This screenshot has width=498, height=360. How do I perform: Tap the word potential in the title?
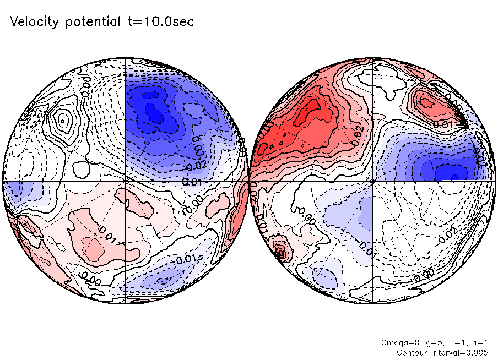click(x=92, y=23)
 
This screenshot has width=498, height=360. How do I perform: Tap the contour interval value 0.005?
click(x=477, y=352)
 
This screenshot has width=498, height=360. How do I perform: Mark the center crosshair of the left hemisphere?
click(x=126, y=180)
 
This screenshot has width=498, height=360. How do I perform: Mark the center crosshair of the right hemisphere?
click(x=373, y=180)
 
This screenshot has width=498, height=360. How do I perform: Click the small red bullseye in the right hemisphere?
click(x=281, y=252)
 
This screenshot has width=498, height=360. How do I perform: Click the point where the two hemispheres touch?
click(x=250, y=180)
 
